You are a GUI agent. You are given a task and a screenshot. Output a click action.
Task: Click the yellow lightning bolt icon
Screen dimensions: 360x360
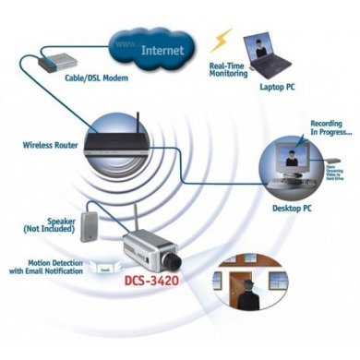point(222,39)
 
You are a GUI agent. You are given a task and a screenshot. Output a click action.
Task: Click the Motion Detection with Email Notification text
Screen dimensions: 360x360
point(45,267)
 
